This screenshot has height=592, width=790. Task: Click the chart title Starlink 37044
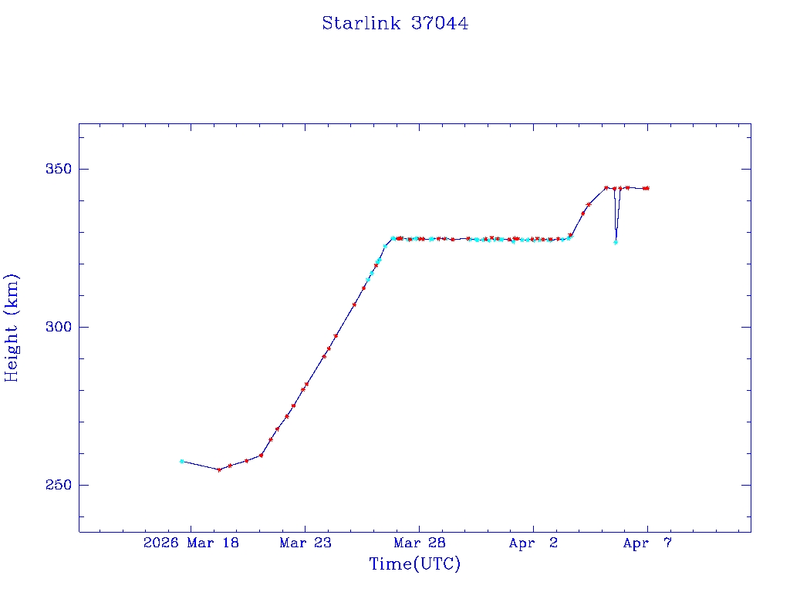click(x=395, y=23)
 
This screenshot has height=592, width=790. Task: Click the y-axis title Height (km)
click(x=12, y=328)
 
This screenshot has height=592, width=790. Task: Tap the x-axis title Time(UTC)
click(x=415, y=564)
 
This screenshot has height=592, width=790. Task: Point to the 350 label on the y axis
click(x=54, y=169)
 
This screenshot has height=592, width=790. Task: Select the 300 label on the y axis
click(x=54, y=327)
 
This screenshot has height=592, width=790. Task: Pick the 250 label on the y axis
click(x=54, y=485)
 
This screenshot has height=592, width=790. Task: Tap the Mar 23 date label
click(x=306, y=543)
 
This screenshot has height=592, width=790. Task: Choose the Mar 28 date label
click(x=420, y=543)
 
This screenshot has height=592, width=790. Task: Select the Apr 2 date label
click(x=534, y=543)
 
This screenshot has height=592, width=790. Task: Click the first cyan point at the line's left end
click(x=181, y=461)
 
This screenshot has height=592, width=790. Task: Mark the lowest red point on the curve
click(x=219, y=469)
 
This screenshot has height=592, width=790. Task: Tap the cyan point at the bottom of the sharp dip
click(x=616, y=243)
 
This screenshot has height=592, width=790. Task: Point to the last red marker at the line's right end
click(x=647, y=188)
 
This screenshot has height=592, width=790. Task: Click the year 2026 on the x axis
click(x=160, y=543)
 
